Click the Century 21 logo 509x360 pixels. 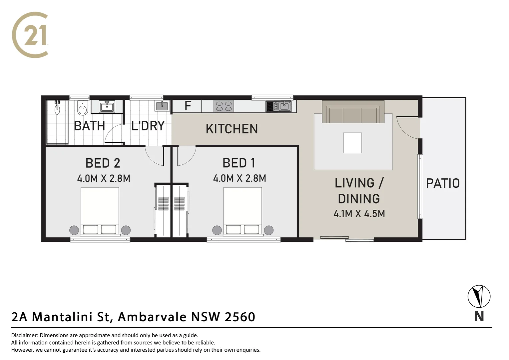click(x=30, y=35)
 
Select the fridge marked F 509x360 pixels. click(x=187, y=106)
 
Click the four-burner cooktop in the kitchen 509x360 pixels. click(x=224, y=106)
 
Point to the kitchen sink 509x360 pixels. click(x=279, y=106)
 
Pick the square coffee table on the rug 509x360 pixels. click(x=352, y=143)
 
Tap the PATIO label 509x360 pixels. click(x=443, y=183)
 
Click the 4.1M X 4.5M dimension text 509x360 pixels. click(x=359, y=214)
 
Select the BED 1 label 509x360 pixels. click(x=239, y=163)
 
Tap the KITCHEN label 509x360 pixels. click(x=232, y=129)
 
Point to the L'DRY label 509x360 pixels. click(x=148, y=126)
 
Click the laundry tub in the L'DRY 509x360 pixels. click(x=162, y=106)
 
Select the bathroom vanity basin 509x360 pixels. click(x=107, y=107)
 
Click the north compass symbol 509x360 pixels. click(x=479, y=296)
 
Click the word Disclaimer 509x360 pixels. click(x=25, y=335)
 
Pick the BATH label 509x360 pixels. click(x=89, y=126)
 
